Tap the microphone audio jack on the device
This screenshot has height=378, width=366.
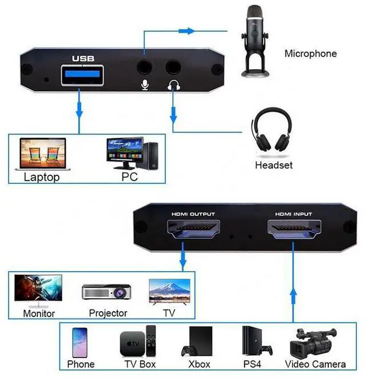[x=145, y=67]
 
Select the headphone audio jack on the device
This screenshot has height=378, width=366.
[x=173, y=67]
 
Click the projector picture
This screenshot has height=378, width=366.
[x=108, y=292]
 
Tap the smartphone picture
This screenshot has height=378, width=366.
[x=81, y=341]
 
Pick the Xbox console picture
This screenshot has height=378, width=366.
[x=198, y=341]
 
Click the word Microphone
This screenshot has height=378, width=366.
[x=311, y=54]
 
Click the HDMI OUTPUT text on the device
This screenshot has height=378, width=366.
[x=193, y=214]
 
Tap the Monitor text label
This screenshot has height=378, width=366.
[x=39, y=313]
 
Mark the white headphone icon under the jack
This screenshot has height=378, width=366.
[x=173, y=85]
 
